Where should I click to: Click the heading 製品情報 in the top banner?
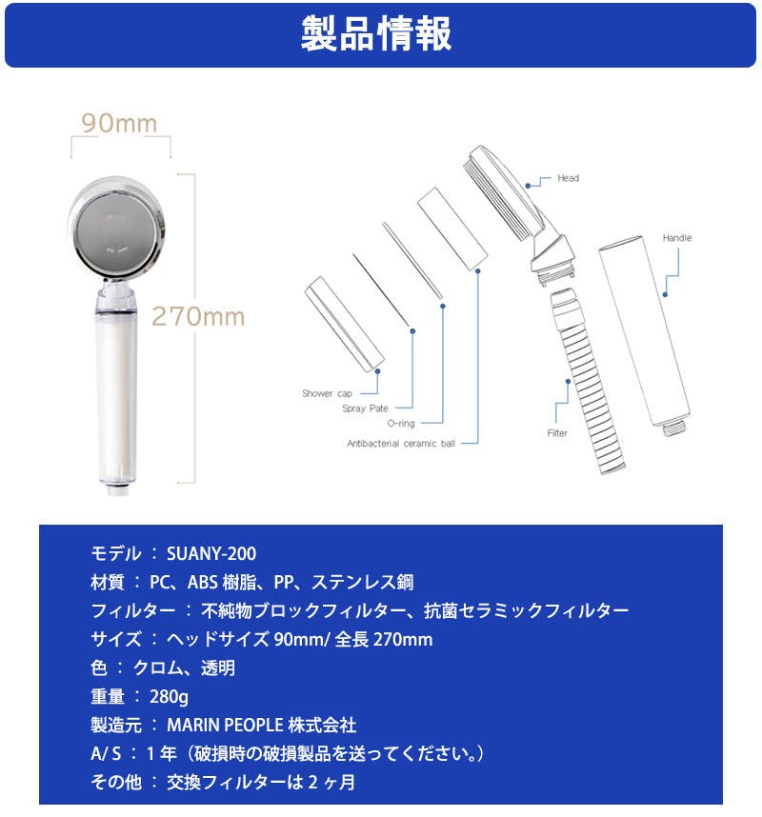point(376,33)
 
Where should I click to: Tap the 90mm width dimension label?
point(119,124)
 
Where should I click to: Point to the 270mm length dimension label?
point(198,316)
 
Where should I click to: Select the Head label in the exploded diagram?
point(568,178)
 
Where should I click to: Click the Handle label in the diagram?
point(677,238)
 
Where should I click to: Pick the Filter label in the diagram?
point(557,433)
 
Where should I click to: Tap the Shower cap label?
point(327,393)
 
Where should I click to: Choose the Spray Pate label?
point(365,408)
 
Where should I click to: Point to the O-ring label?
point(401,423)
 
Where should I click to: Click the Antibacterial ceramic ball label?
point(401,444)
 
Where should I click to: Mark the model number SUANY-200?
point(211,554)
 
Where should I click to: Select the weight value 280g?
point(169,697)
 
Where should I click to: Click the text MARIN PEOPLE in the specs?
point(225,726)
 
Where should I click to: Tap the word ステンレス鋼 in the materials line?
point(362,583)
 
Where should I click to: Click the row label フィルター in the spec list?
point(133,610)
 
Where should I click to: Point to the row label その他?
point(115,782)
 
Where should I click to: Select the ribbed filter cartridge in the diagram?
point(588,381)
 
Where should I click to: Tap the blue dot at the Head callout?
point(528,186)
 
